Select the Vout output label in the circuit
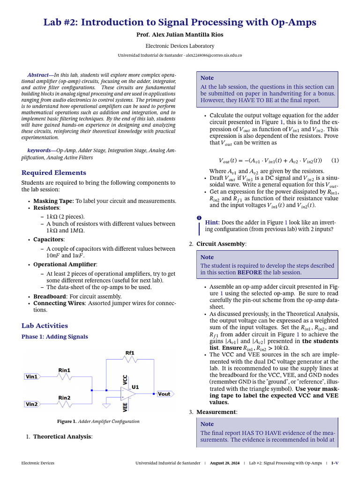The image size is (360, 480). [164, 394]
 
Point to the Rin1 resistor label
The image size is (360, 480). [64, 370]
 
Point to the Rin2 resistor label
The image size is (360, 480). [64, 397]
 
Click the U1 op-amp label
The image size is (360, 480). [135, 387]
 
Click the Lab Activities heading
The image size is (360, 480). [45, 325]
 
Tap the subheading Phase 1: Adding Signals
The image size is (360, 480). [55, 337]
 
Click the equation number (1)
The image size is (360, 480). [335, 160]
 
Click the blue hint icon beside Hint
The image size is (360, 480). [199, 218]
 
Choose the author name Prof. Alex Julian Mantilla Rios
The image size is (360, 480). [180, 35]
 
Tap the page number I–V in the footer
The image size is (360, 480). [335, 463]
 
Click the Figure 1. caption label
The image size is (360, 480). [67, 421]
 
